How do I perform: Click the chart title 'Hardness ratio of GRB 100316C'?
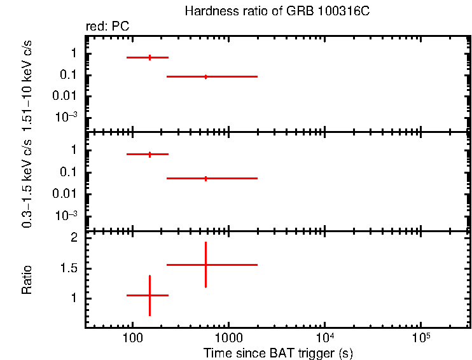click(x=277, y=11)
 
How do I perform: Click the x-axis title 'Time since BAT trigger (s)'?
click(x=278, y=353)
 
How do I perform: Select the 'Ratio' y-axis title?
click(x=27, y=280)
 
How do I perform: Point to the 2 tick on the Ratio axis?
click(x=74, y=238)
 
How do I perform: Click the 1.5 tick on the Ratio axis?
click(x=69, y=268)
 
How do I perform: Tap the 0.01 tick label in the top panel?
click(x=66, y=97)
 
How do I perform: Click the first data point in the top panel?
click(x=149, y=57)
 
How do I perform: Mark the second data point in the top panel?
click(x=205, y=76)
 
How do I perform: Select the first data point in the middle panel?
click(x=149, y=154)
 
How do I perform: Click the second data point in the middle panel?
click(x=205, y=178)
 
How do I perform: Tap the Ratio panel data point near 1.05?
click(x=149, y=295)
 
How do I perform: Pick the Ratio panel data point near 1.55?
click(x=205, y=265)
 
